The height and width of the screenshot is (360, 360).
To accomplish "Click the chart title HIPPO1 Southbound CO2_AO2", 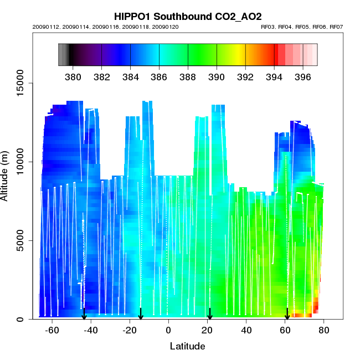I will [x=187, y=16].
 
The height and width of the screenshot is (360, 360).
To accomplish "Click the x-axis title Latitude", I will [x=187, y=346].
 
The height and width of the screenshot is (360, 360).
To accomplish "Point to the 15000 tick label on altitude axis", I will [x=19, y=83].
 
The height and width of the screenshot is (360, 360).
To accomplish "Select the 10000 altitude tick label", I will [x=19, y=162].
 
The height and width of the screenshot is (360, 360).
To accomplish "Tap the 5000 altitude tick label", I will [x=19, y=240].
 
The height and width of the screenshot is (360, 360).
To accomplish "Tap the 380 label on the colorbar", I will [x=73, y=76].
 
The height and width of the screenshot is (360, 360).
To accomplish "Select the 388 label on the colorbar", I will [x=188, y=76].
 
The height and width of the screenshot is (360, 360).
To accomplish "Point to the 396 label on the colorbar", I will [x=302, y=76].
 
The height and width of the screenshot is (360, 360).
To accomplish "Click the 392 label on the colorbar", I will [x=245, y=76].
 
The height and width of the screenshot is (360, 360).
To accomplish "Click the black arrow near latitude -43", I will [x=84, y=314].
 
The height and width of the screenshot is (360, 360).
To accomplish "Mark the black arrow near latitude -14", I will [x=141, y=314].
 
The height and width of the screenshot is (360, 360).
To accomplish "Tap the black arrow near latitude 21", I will [x=210, y=314].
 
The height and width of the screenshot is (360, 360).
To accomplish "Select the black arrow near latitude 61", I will [x=287, y=314].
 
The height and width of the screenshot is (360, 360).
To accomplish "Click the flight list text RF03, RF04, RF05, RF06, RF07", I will [x=302, y=27].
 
